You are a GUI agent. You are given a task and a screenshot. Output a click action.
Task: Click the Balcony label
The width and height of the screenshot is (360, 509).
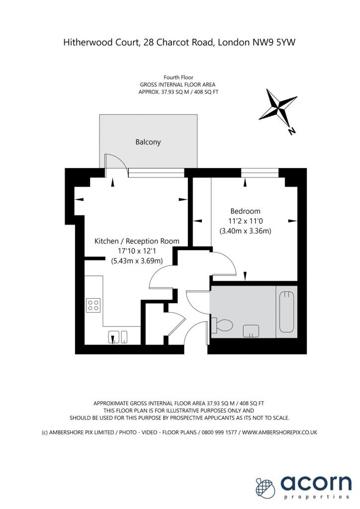click(x=148, y=142)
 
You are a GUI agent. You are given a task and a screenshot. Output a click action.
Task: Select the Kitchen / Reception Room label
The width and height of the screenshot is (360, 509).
click(x=137, y=241)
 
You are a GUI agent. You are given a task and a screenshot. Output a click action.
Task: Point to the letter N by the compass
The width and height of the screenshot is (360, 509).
click(x=292, y=131)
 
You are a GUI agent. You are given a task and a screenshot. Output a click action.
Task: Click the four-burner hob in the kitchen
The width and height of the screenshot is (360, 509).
click(x=93, y=305)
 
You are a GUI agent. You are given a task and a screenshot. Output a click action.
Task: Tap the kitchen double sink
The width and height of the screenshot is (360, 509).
click(x=117, y=337)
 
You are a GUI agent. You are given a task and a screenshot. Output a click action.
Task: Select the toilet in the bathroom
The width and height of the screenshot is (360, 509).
click(x=222, y=326)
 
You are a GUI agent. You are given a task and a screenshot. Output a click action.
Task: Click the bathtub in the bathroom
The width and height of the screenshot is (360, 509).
click(x=286, y=312)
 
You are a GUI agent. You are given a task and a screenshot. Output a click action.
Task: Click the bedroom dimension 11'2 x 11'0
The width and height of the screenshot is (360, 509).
click(x=245, y=221)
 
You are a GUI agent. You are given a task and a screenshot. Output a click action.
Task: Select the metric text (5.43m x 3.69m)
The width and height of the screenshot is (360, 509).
click(x=137, y=261)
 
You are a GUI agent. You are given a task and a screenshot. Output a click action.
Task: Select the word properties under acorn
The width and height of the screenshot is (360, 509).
click(x=316, y=497)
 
